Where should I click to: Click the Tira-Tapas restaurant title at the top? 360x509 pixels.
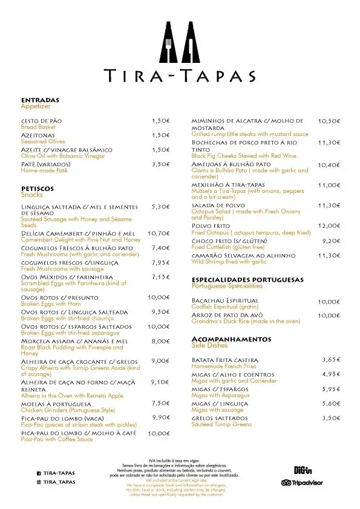click(180, 75)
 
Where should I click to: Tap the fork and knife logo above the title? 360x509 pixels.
click(180, 41)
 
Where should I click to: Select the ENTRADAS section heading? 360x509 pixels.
click(39, 100)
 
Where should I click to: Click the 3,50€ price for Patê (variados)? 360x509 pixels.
click(160, 164)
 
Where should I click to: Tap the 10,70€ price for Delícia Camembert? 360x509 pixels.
click(159, 233)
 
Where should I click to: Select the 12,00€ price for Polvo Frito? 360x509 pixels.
click(329, 225)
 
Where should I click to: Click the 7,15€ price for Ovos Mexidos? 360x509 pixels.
click(160, 277)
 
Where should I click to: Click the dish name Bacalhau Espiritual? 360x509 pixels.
click(224, 300)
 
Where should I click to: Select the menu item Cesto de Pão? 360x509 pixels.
click(41, 121)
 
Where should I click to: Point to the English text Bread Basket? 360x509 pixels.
click(38, 127)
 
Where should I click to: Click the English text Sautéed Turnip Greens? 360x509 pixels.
click(221, 424)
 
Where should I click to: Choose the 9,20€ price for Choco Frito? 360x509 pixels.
click(330, 241)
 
